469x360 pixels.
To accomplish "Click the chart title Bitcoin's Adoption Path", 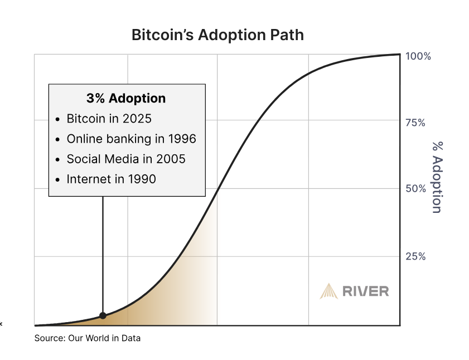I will pyautogui.click(x=217, y=35).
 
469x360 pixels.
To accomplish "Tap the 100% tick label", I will pyautogui.click(x=418, y=56).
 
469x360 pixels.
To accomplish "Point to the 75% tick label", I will pyautogui.click(x=415, y=123).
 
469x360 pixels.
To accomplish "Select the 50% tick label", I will pyautogui.click(x=415, y=189).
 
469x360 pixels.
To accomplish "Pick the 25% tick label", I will pyautogui.click(x=415, y=256).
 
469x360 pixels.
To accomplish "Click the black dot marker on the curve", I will pyautogui.click(x=103, y=315).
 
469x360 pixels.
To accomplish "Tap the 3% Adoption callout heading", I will pyautogui.click(x=126, y=99).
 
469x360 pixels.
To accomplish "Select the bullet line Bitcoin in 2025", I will pyautogui.click(x=109, y=119).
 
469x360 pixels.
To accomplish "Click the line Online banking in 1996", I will pyautogui.click(x=131, y=139).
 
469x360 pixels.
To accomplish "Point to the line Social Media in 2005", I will pyautogui.click(x=126, y=159).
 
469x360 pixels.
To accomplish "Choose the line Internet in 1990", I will pyautogui.click(x=111, y=179).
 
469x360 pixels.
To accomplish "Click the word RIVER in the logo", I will pyautogui.click(x=366, y=291).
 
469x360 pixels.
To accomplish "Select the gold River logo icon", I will pyautogui.click(x=328, y=291).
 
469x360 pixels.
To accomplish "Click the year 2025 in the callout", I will pyautogui.click(x=138, y=119).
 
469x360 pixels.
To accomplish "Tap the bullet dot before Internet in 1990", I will pyautogui.click(x=59, y=179).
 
